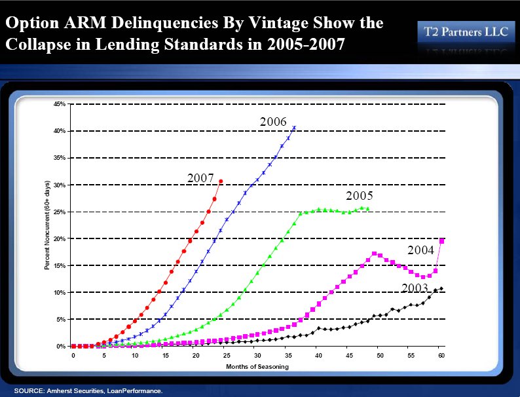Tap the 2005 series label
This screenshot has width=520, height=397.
tap(360, 196)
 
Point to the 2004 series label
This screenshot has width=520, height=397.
tap(420, 250)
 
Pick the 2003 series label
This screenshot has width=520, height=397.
tap(415, 288)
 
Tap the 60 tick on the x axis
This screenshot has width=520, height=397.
tap(441, 355)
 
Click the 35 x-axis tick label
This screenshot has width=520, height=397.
tap(288, 355)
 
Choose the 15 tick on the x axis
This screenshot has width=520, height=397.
tap(166, 355)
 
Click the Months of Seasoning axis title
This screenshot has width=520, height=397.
tap(257, 366)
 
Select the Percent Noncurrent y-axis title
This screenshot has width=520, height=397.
tap(47, 225)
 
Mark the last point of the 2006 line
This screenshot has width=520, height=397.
tap(294, 127)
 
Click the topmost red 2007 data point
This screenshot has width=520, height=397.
tap(221, 181)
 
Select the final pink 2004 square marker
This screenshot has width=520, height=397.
tap(442, 241)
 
